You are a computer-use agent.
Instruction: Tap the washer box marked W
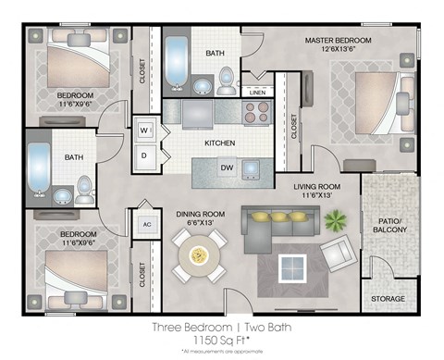144,130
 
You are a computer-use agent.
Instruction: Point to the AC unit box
146,224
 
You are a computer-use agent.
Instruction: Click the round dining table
198,253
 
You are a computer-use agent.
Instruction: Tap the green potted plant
334,220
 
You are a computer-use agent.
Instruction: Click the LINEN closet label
257,93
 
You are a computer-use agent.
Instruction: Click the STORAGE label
388,299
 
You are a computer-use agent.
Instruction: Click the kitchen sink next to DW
251,168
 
